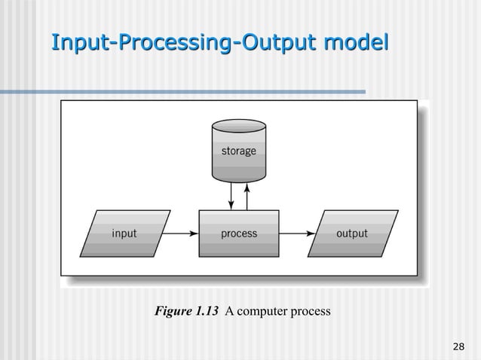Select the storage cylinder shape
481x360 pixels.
(238, 154)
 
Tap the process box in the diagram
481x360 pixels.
(238, 233)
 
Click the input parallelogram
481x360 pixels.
(124, 233)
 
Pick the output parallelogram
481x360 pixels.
(351, 233)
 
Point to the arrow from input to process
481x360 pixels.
(181, 233)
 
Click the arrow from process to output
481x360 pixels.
(297, 233)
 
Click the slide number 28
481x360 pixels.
(457, 346)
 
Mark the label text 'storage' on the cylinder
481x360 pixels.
(238, 151)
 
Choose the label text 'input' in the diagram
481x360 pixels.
(124, 233)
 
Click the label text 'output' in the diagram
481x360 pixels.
(351, 233)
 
